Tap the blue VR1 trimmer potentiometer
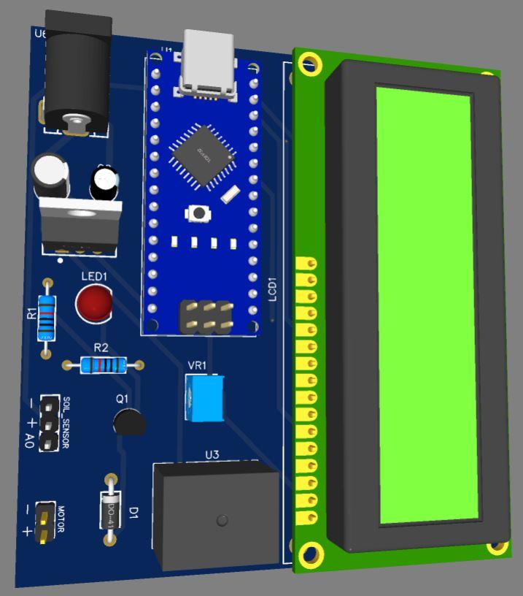pos(204,397)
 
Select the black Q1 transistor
pos(128,422)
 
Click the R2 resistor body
pos(103,364)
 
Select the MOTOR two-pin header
pos(44,522)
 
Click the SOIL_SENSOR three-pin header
pos(49,423)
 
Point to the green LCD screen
pos(427,307)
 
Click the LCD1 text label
pos(273,289)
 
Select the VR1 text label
pos(197,365)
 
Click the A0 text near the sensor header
pos(29,440)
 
